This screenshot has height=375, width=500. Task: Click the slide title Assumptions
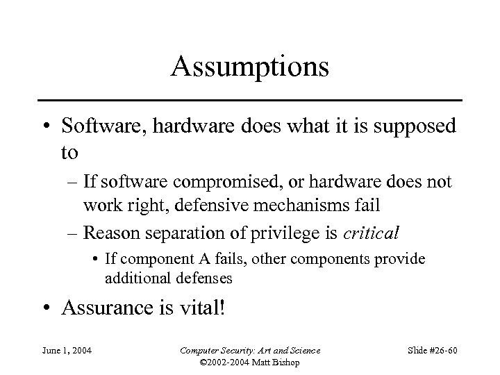250,67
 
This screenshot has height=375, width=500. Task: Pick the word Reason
110,233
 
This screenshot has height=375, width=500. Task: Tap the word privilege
277,233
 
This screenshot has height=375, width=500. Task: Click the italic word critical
370,233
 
